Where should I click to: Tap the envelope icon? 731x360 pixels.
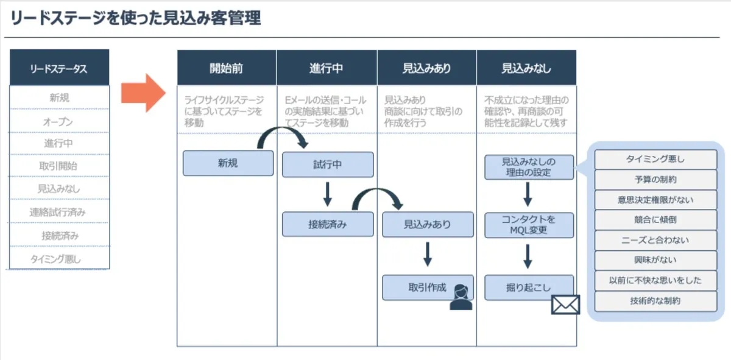(565, 305)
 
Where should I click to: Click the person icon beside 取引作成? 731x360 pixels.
(461, 297)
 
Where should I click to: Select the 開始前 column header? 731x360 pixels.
(226, 68)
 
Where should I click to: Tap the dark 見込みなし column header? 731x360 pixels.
(526, 68)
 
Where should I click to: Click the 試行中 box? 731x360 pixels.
(328, 164)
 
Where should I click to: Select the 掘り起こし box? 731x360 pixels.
(529, 288)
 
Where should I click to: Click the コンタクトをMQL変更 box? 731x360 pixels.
(529, 225)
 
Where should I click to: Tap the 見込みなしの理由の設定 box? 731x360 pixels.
(529, 167)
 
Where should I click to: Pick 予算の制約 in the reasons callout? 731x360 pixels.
(655, 180)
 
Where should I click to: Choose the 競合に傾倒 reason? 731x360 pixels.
(655, 220)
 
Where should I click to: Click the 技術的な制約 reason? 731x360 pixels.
(655, 301)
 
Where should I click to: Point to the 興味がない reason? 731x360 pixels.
(655, 261)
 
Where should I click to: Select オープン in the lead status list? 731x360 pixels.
(58, 122)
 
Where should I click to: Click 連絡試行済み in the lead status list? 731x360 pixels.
(58, 213)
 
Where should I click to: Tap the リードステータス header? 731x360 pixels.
(59, 68)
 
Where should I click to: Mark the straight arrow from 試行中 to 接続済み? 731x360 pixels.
(327, 194)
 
